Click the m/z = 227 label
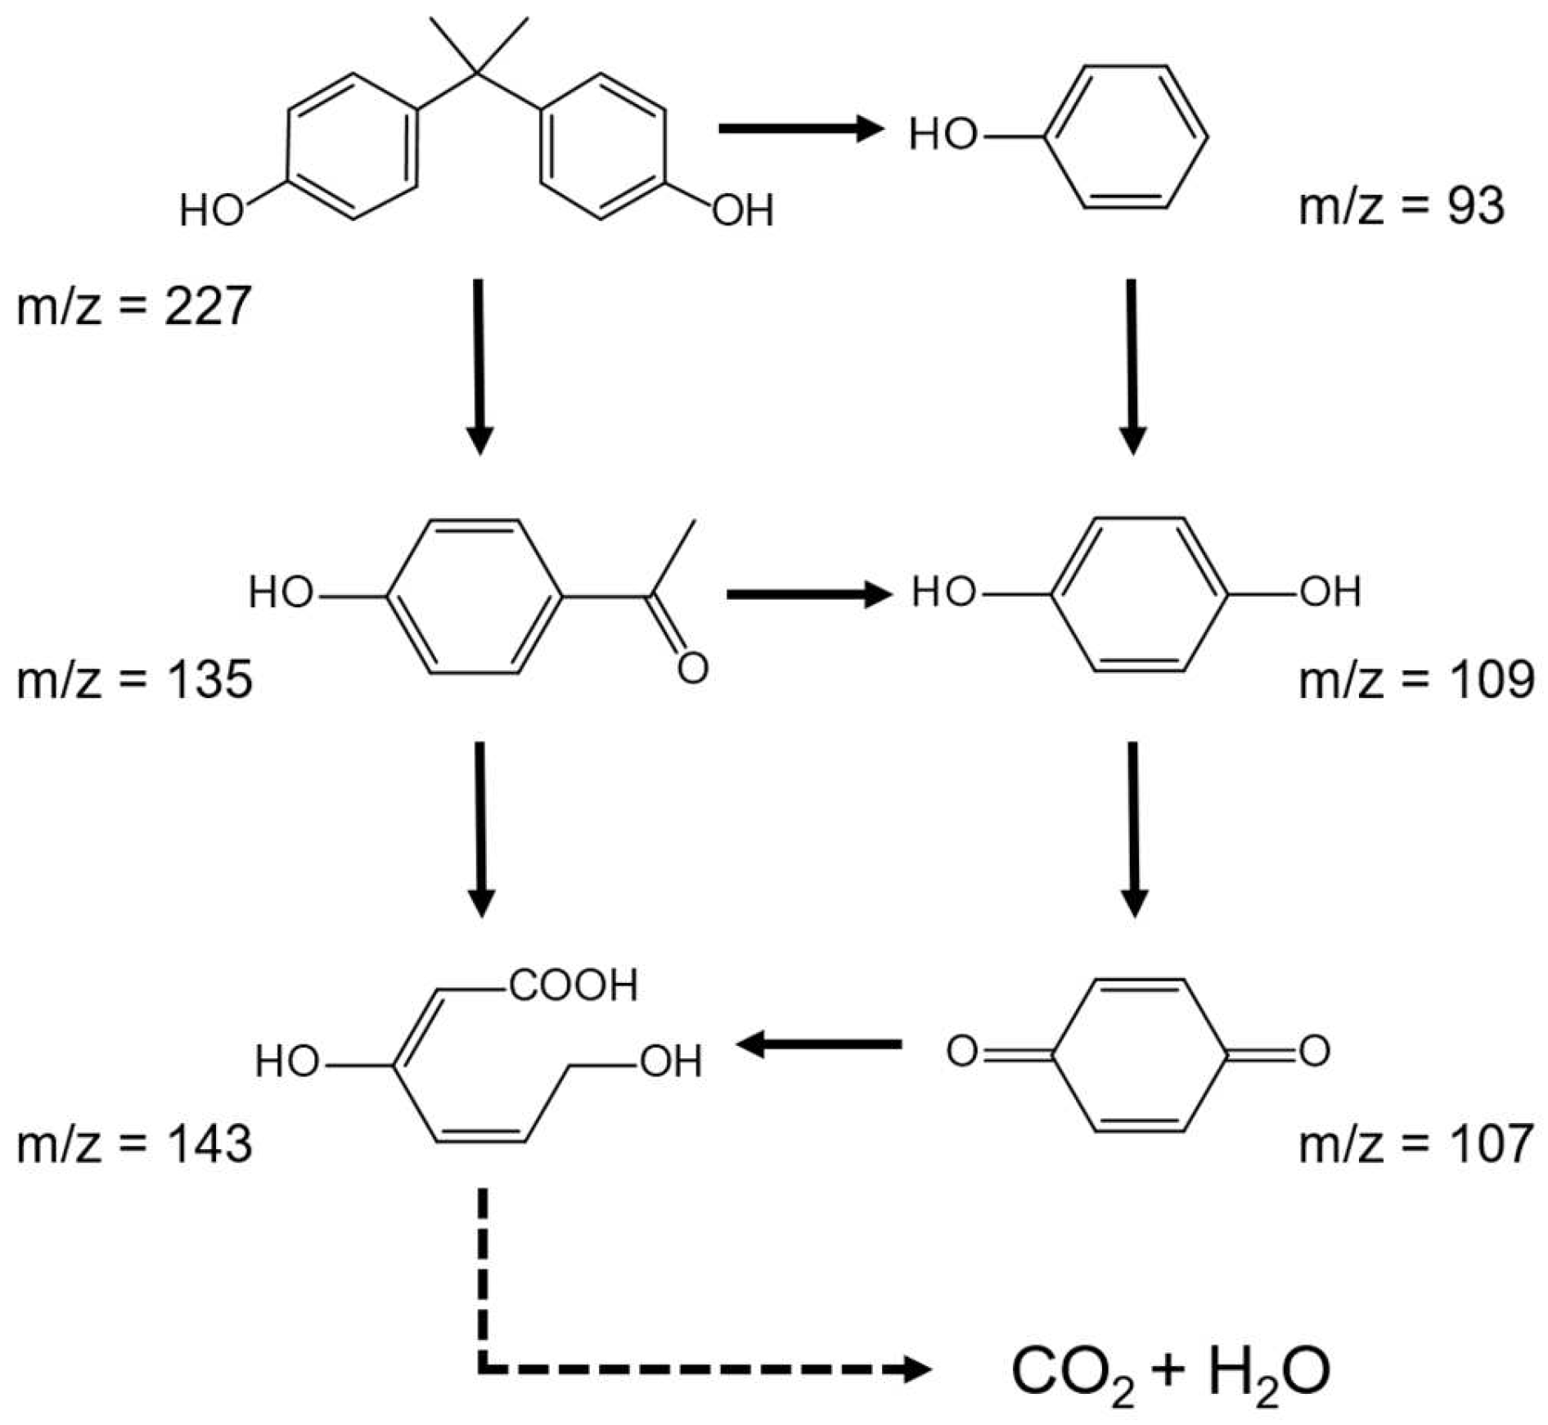(x=133, y=308)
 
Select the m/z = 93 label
(x=1401, y=205)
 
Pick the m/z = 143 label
(x=134, y=1143)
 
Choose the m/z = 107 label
(x=1415, y=1143)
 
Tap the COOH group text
(x=573, y=985)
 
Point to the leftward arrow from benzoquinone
(x=818, y=1044)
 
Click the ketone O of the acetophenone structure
(x=692, y=668)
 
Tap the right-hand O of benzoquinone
(x=1313, y=1051)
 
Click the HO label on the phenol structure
(x=943, y=135)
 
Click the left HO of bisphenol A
(x=211, y=210)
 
